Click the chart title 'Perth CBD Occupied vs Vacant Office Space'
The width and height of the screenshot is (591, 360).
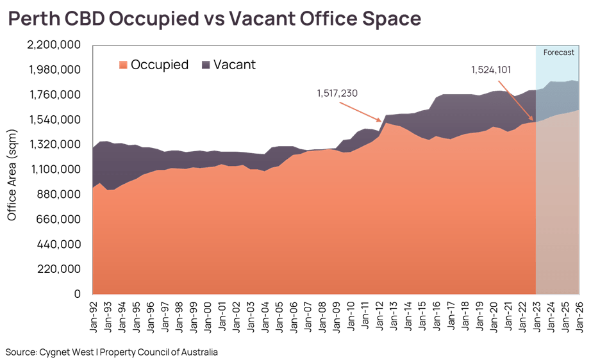coord(214,19)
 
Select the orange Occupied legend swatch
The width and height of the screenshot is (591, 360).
coord(124,65)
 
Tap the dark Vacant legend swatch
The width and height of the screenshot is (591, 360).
coord(206,65)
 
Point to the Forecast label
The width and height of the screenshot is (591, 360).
coord(558,53)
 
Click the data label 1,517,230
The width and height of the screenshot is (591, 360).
coord(337,93)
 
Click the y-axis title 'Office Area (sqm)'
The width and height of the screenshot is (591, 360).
coord(12,170)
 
